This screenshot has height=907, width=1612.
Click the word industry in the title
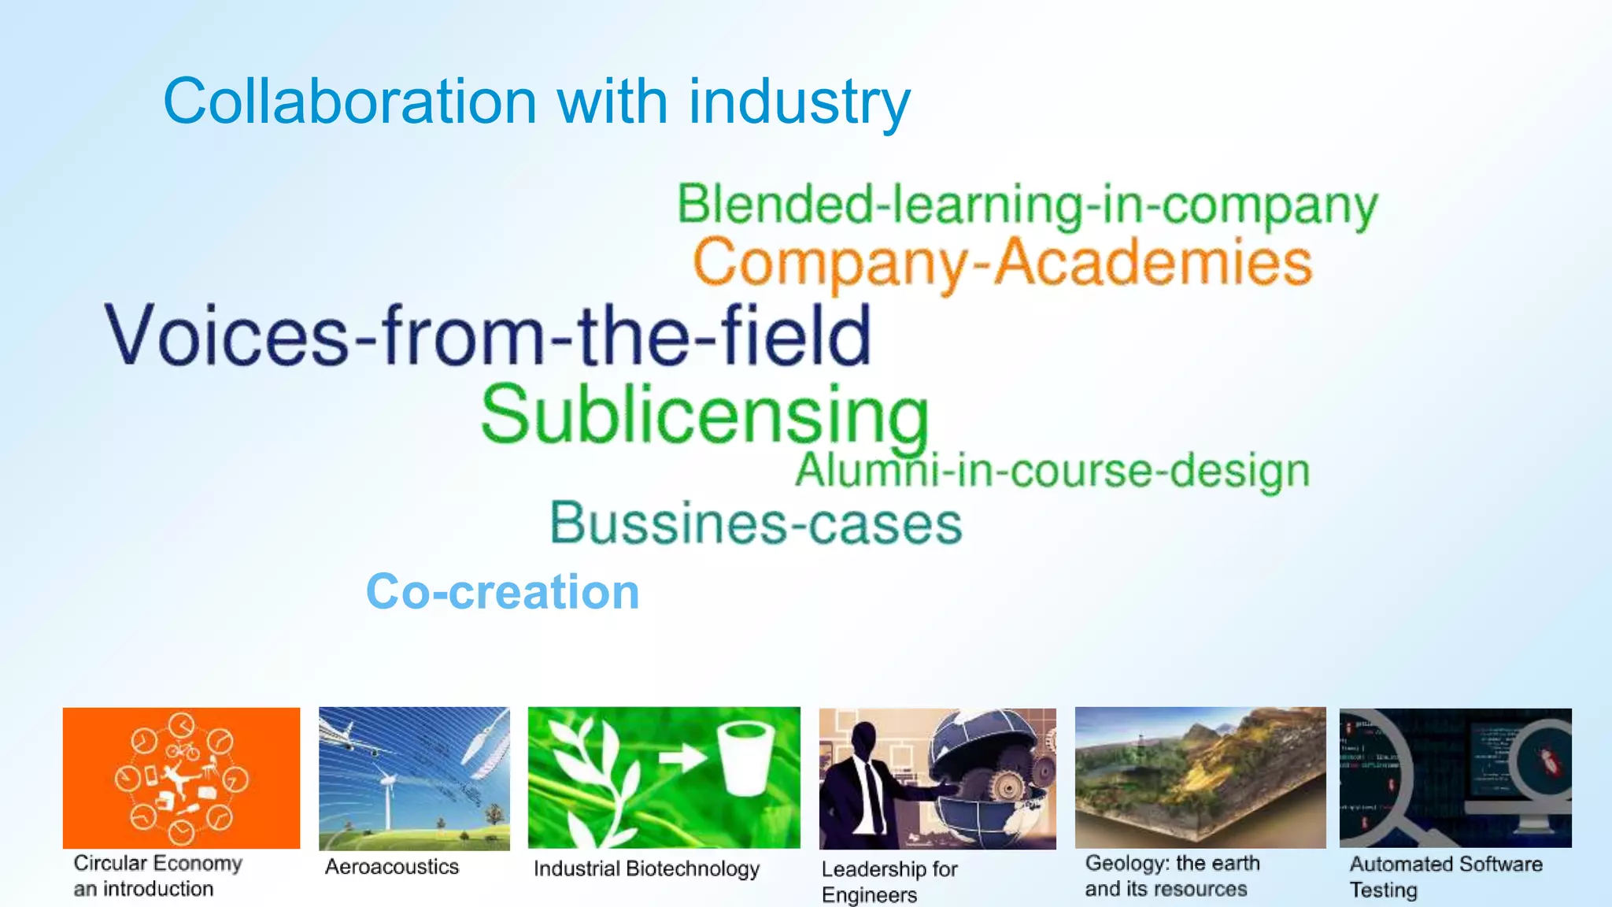click(x=799, y=102)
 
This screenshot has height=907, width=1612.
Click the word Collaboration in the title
click(x=350, y=102)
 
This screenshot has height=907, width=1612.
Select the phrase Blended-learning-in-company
click(x=1027, y=205)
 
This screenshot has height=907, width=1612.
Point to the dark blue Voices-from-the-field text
click(x=488, y=336)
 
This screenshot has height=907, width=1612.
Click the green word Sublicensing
click(x=704, y=416)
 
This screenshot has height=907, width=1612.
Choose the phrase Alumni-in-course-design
click(x=1052, y=471)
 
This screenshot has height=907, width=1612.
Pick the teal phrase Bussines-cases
click(x=756, y=524)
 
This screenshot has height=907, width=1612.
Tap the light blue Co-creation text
click(x=502, y=591)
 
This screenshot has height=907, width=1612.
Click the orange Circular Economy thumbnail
click(x=181, y=778)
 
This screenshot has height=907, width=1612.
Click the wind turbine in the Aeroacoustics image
click(x=387, y=795)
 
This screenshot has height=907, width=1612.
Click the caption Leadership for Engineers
click(x=889, y=881)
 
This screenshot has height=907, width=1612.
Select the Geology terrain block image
click(x=1200, y=778)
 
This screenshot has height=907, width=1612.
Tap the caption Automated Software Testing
click(x=1445, y=876)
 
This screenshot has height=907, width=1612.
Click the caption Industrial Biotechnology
click(x=646, y=868)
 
